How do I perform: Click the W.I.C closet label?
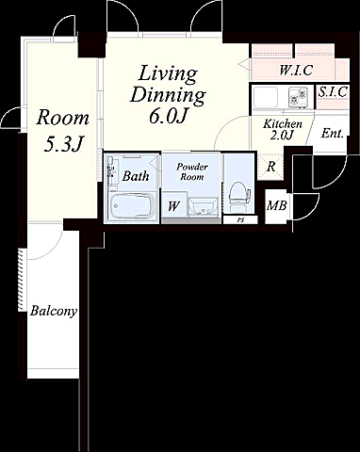(296, 70)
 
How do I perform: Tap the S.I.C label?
(333, 92)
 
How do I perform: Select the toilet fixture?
(239, 197)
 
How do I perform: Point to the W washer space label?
(173, 206)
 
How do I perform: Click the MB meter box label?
(277, 206)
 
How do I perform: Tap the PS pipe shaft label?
(240, 220)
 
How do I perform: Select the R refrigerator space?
(270, 167)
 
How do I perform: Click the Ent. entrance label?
(332, 134)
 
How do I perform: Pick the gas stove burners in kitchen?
(298, 96)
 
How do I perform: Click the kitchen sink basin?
(266, 97)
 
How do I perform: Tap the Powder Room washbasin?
(204, 207)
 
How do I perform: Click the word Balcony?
(54, 312)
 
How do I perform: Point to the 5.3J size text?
(63, 145)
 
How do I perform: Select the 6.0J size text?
(168, 117)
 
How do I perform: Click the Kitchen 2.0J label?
(283, 129)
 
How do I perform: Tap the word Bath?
(136, 176)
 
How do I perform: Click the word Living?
(168, 74)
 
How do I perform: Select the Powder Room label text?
(192, 171)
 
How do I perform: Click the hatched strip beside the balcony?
(22, 280)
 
